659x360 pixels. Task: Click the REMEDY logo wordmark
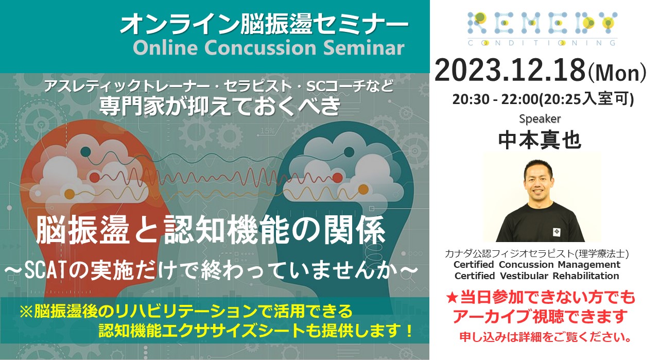coord(542,23)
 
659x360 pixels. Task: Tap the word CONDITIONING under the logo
coord(542,43)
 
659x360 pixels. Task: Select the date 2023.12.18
coord(510,71)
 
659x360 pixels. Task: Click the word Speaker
coord(540,119)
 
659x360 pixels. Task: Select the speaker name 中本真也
coord(540,141)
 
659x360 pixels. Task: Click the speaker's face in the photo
coord(538,180)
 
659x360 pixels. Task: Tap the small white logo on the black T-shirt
coord(557,232)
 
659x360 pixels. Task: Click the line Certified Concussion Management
coord(537,265)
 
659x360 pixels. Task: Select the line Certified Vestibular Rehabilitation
coord(537,276)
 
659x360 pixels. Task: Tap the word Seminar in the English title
coord(363,48)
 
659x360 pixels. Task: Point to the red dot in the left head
coord(94,178)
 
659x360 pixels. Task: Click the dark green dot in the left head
coord(85,151)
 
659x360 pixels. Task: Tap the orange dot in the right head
coord(363,190)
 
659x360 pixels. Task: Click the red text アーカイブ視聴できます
coord(540,317)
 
